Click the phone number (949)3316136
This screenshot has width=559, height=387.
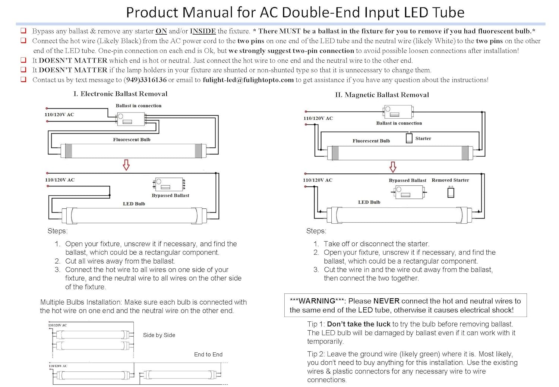point(145,80)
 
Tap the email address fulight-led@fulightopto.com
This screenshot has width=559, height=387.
point(248,80)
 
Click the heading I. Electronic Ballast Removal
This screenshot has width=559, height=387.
point(120,94)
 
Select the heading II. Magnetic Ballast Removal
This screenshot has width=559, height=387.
point(382,95)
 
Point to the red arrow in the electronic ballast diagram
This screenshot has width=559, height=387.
point(126,165)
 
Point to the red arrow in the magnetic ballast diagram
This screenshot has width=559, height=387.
point(393,167)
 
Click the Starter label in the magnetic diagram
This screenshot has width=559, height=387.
point(423,138)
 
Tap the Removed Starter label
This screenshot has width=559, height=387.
point(450,180)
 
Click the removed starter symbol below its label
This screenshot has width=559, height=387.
point(451,192)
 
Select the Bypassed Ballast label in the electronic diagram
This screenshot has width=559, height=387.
point(170,195)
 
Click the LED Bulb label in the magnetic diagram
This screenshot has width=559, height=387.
point(369,202)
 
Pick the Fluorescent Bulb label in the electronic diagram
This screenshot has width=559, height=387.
point(132,139)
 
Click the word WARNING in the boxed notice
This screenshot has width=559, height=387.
point(317,301)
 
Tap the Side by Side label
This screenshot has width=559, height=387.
point(159,335)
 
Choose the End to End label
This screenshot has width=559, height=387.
point(208,355)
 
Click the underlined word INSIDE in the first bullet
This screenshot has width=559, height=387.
point(203,31)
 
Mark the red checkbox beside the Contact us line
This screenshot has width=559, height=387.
point(23,79)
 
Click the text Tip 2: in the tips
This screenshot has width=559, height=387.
point(316,354)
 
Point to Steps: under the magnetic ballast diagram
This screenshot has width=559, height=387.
point(316,231)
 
